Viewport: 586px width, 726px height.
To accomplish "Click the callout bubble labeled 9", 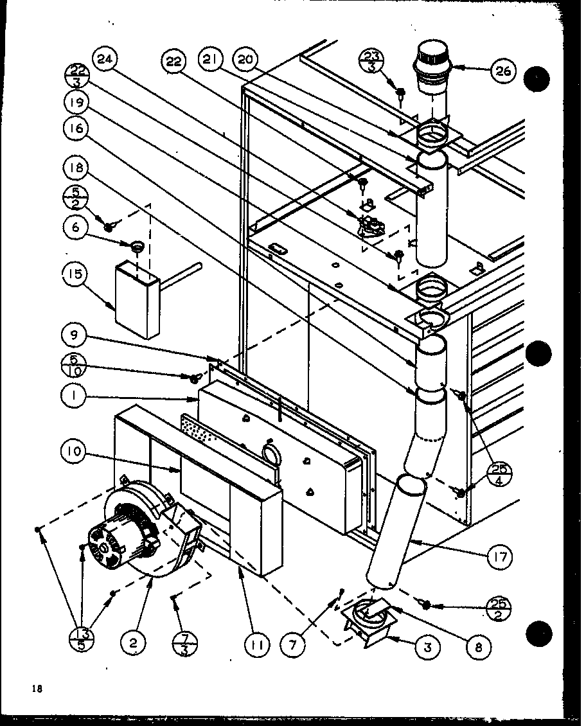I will pos(75,335).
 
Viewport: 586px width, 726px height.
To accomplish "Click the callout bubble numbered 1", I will pos(75,396).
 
